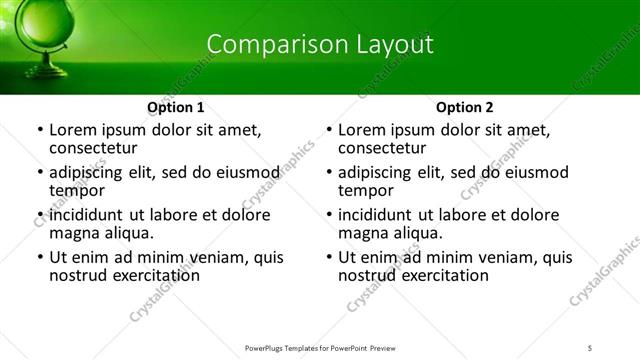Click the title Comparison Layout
(320, 44)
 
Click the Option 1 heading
(176, 107)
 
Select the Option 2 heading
(465, 107)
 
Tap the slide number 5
(591, 346)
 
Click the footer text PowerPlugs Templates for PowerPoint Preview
(320, 346)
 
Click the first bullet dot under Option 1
(39, 130)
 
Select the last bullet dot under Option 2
(328, 257)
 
